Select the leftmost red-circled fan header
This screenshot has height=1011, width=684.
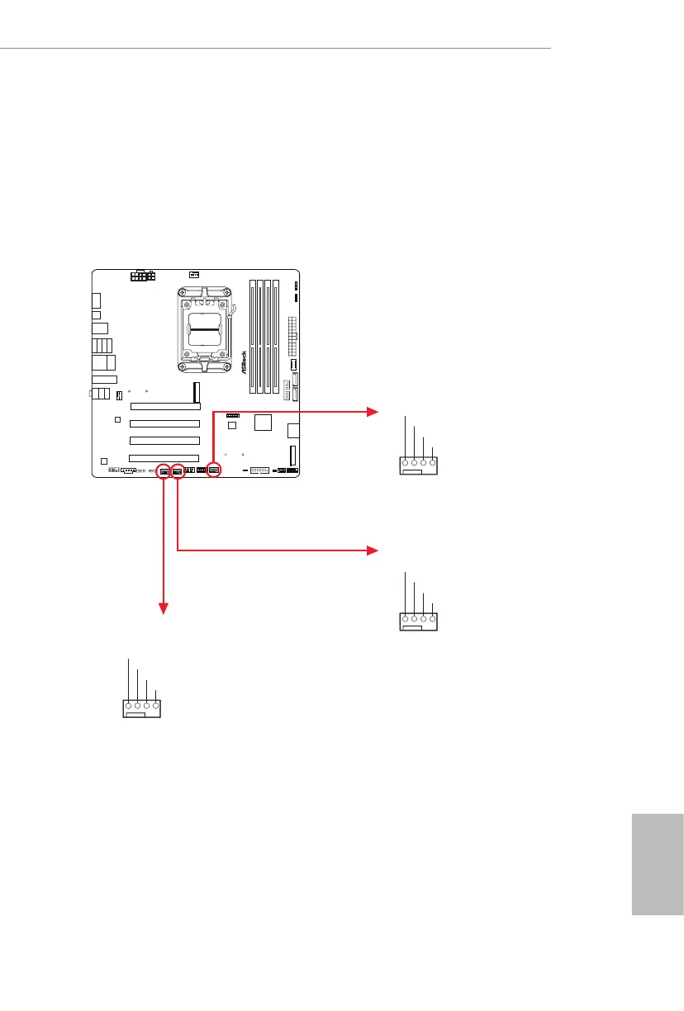[x=164, y=472]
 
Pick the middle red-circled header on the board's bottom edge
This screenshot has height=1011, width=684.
[x=178, y=472]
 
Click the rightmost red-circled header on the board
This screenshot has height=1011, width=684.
[x=213, y=470]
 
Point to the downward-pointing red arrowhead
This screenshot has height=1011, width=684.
[x=164, y=609]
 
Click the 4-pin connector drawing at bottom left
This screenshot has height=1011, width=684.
[x=141, y=708]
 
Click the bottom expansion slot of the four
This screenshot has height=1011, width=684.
[x=164, y=457]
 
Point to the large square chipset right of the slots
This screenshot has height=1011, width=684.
[x=264, y=423]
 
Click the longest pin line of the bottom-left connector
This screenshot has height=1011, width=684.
[x=129, y=680]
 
